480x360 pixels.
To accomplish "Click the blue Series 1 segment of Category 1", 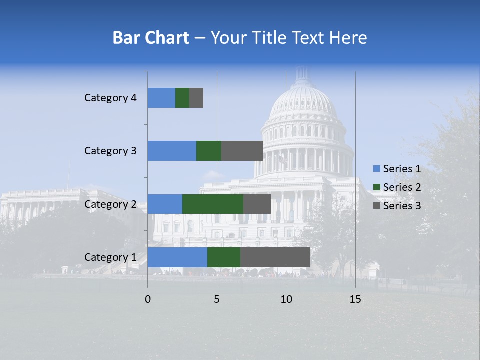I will click(x=177, y=257).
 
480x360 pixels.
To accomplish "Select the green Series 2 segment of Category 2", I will click(x=213, y=204).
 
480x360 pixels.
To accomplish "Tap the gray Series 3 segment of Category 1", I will click(x=275, y=257).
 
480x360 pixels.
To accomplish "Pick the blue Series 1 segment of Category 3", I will click(x=172, y=151).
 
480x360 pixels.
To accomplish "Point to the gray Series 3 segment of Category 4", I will click(x=196, y=98).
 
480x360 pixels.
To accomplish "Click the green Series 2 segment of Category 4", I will click(x=182, y=98).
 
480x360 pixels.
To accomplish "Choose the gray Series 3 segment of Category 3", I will click(x=242, y=151).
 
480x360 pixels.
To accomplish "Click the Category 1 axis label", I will click(x=110, y=257).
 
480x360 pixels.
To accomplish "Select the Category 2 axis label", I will click(x=110, y=204).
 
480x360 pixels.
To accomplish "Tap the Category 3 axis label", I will click(x=110, y=151).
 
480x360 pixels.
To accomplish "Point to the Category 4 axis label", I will click(x=110, y=98).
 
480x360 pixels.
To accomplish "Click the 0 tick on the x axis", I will click(x=148, y=299).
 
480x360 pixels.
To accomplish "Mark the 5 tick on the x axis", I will click(x=217, y=299).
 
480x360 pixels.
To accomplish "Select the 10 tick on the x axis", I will click(x=286, y=299).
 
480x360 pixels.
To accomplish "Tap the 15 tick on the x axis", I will click(x=355, y=299).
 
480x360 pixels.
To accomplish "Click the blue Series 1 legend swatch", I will click(x=376, y=169).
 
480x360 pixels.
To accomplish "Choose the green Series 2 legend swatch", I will click(x=376, y=187).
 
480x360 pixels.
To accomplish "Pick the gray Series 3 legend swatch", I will click(x=376, y=206).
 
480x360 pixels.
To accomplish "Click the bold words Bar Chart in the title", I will click(x=151, y=38).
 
